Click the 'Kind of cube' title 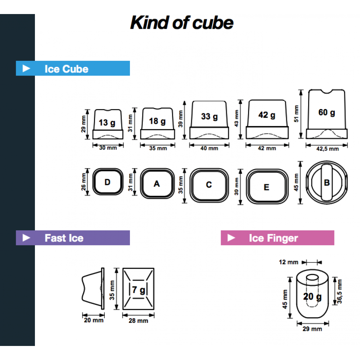click(182, 23)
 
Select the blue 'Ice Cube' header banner click(73, 68)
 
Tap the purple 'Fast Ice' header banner click(73, 238)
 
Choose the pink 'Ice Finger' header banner click(277, 238)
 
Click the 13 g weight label click(107, 123)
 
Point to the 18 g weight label click(157, 121)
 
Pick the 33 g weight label click(209, 117)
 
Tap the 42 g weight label click(267, 115)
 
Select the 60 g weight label click(327, 112)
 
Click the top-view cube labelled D click(108, 182)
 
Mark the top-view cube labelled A click(157, 184)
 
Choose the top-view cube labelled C click(209, 185)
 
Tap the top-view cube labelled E click(266, 187)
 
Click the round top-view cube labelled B click(327, 183)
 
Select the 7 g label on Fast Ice click(138, 289)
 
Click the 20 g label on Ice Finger click(312, 297)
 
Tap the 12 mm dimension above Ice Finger click(288, 262)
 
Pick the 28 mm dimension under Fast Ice click(138, 320)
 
